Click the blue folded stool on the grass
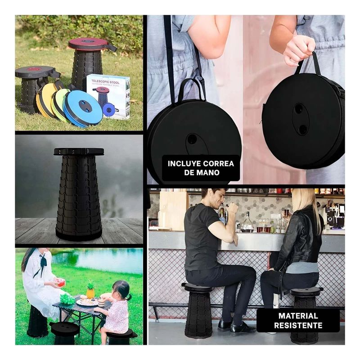(x=84, y=108)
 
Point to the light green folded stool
(x=59, y=104)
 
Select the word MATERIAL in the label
(x=298, y=316)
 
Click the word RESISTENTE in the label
(x=298, y=325)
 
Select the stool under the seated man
(x=198, y=310)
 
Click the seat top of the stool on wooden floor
(x=79, y=152)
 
